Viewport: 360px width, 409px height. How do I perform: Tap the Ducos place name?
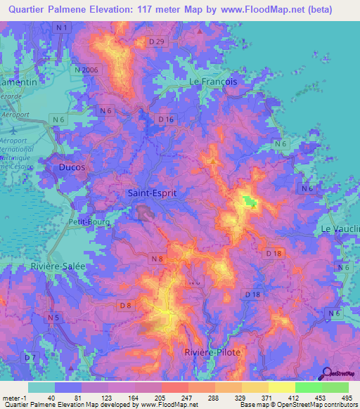click(x=73, y=167)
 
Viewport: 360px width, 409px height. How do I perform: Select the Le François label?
click(x=214, y=82)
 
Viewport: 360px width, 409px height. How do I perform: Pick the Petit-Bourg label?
click(x=87, y=222)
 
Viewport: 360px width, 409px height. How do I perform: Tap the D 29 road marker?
click(x=157, y=43)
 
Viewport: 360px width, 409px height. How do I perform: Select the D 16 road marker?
click(x=166, y=120)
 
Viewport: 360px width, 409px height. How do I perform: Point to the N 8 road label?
click(x=158, y=259)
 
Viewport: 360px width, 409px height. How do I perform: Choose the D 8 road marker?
click(x=125, y=304)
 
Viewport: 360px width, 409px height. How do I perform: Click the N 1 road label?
click(x=64, y=27)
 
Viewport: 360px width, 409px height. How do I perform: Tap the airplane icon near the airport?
click(x=13, y=130)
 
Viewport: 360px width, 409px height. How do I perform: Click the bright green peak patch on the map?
click(x=250, y=202)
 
